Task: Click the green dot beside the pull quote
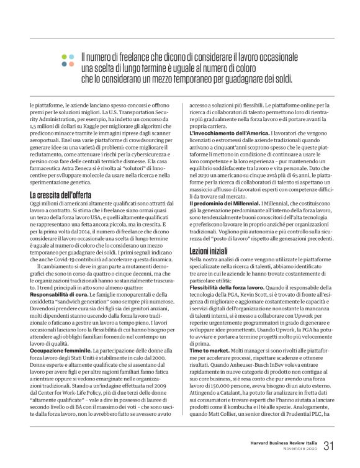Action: click(x=64, y=56)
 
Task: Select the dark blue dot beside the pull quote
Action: click(x=70, y=64)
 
